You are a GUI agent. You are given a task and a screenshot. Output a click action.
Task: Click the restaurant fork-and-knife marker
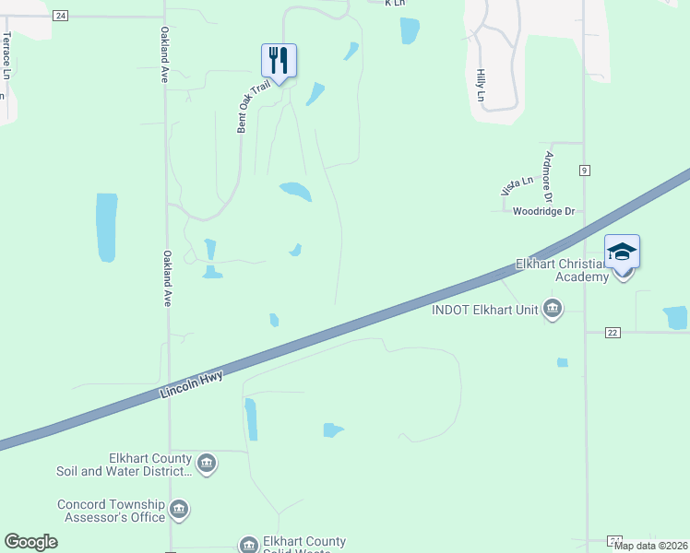[279, 61]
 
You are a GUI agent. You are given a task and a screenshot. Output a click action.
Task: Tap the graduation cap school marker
[622, 252]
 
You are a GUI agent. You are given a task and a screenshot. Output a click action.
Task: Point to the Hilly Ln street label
[481, 84]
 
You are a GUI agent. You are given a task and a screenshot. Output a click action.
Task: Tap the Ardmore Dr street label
[548, 176]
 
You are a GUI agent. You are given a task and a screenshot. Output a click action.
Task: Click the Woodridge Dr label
[543, 211]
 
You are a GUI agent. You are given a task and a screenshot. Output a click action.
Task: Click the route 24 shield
[61, 16]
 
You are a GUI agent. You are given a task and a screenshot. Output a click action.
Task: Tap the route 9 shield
[585, 171]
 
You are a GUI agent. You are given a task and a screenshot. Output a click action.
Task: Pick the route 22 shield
[613, 332]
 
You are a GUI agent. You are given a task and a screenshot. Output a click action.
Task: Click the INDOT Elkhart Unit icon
[553, 308]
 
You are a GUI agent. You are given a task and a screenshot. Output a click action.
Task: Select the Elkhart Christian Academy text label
[562, 270]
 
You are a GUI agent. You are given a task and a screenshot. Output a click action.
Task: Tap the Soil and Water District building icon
[207, 463]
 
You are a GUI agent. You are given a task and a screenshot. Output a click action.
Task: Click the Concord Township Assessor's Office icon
[179, 508]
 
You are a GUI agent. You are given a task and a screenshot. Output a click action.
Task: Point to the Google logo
[30, 542]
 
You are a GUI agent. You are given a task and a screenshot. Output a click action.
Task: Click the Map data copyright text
[650, 546]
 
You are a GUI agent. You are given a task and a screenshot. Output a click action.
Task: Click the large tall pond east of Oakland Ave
[106, 226]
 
